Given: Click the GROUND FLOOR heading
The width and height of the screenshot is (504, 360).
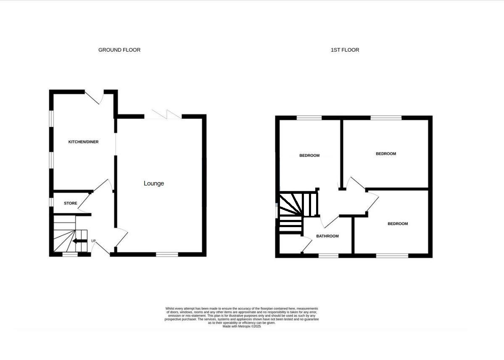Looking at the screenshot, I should pyautogui.click(x=119, y=50).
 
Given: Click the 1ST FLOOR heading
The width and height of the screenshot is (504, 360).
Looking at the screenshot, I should pyautogui.click(x=345, y=50).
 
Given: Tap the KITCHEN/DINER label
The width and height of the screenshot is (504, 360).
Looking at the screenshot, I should pyautogui.click(x=83, y=142).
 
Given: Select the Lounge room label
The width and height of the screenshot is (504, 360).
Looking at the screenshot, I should pyautogui.click(x=154, y=183).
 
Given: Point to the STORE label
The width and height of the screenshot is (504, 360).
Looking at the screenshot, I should pyautogui.click(x=71, y=204).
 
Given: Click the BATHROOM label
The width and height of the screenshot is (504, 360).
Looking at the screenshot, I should pyautogui.click(x=327, y=236).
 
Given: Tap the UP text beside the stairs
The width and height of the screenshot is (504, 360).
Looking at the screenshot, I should pyautogui.click(x=93, y=241).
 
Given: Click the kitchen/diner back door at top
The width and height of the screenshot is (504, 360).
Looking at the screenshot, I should pyautogui.click(x=95, y=96).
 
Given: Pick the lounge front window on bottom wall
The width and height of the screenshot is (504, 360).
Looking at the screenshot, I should pyautogui.click(x=167, y=254).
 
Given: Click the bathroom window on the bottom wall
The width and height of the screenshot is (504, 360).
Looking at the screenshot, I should pyautogui.click(x=328, y=255).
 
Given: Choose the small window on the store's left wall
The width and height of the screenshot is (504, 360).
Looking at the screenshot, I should pyautogui.click(x=51, y=202).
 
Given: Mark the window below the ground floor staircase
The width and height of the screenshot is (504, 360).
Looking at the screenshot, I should pyautogui.click(x=70, y=254).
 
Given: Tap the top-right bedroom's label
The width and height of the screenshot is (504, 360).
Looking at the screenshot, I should pyautogui.click(x=386, y=154).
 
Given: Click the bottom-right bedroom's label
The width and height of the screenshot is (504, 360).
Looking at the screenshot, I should pyautogui.click(x=398, y=224).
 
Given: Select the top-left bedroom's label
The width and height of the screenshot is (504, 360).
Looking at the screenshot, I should pyautogui.click(x=309, y=156).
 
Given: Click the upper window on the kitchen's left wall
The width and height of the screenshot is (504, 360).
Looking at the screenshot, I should pyautogui.click(x=51, y=118).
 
